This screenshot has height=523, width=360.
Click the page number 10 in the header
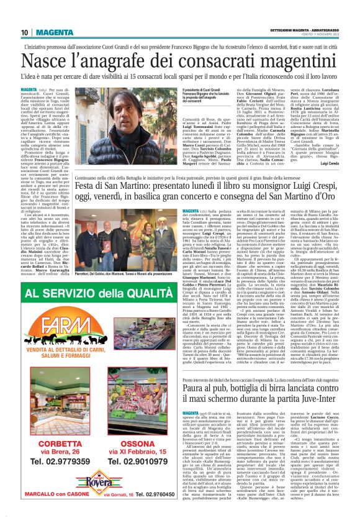coord(25,33)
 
